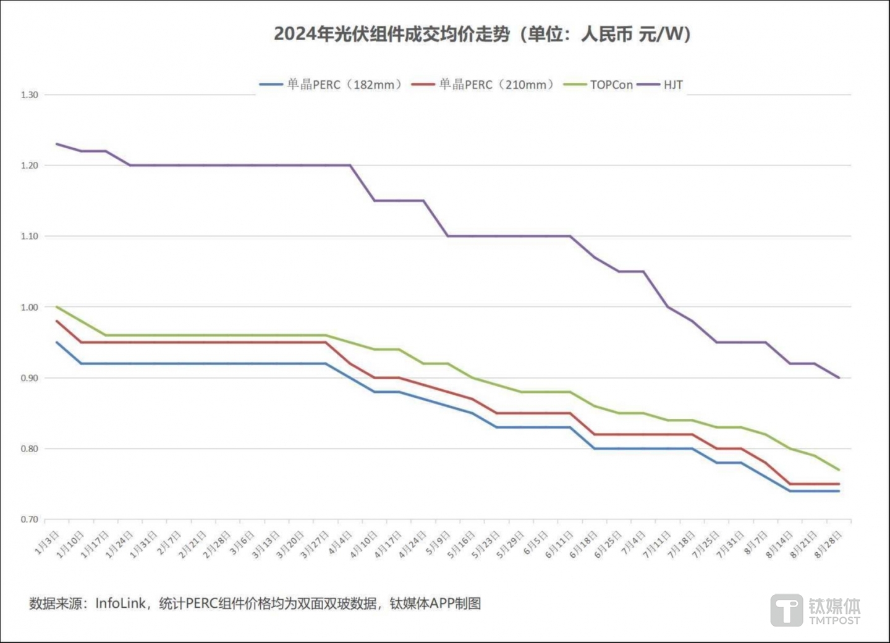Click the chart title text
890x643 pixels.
click(x=482, y=33)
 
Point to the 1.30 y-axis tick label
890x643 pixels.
click(x=29, y=95)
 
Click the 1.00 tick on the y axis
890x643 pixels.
click(x=29, y=307)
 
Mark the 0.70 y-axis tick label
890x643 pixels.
click(x=29, y=519)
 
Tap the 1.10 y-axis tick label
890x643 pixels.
click(x=29, y=236)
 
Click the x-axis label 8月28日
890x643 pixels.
click(x=828, y=544)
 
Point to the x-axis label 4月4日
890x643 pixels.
click(x=341, y=542)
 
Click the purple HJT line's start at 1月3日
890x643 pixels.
click(x=57, y=144)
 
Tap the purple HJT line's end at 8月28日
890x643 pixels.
click(x=839, y=377)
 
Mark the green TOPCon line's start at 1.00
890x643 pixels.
click(x=57, y=307)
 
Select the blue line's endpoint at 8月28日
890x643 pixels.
click(x=839, y=491)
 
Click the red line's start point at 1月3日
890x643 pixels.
click(x=57, y=321)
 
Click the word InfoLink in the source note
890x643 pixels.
click(x=121, y=603)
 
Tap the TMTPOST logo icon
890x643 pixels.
click(x=787, y=610)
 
